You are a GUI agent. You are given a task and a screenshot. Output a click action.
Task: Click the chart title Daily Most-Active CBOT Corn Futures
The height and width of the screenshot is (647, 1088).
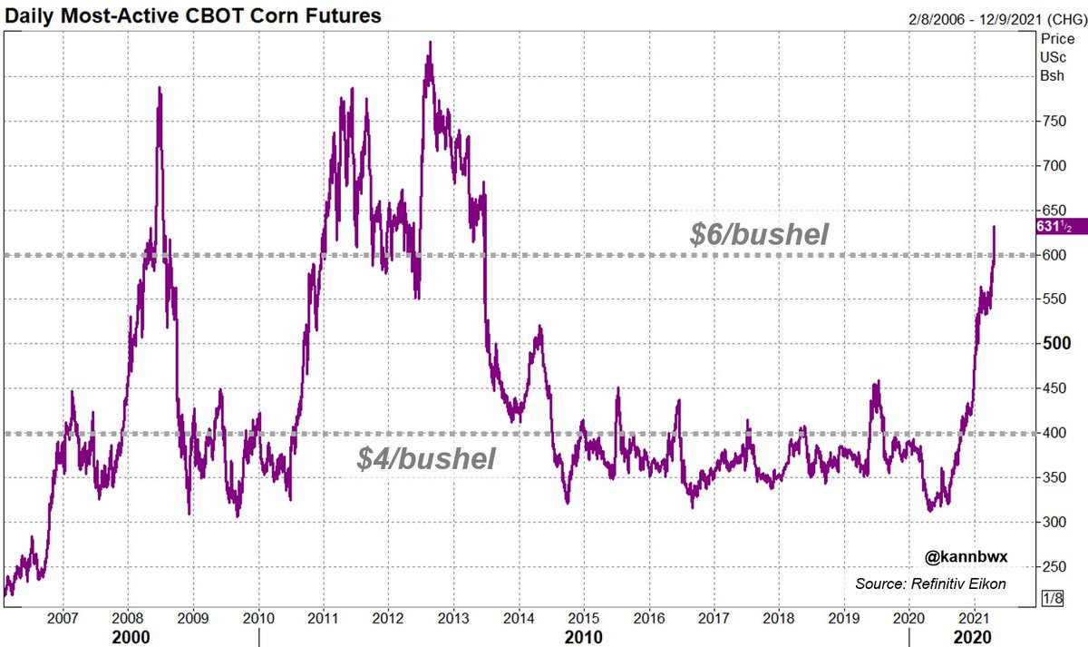(x=191, y=15)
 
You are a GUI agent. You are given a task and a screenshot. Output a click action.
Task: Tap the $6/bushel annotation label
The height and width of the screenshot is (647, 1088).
(x=759, y=235)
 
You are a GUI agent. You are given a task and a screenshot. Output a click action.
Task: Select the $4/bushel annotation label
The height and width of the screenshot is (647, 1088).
(x=425, y=459)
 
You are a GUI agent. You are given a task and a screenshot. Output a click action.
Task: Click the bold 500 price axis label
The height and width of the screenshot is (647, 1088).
(x=1054, y=344)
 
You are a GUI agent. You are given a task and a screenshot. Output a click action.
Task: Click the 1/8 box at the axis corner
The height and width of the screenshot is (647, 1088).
(x=1052, y=597)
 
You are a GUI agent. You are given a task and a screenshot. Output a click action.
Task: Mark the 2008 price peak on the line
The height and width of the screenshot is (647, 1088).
(x=160, y=88)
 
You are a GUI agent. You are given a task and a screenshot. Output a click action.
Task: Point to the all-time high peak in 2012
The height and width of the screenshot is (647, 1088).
(x=429, y=42)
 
